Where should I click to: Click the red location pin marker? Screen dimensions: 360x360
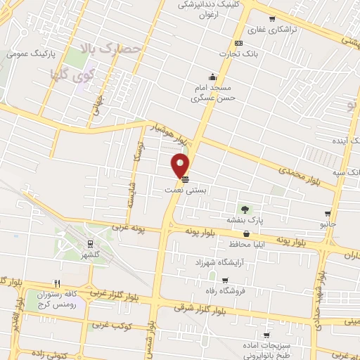pyautogui.click(x=181, y=165)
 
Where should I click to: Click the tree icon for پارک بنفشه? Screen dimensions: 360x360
pyautogui.click(x=245, y=209)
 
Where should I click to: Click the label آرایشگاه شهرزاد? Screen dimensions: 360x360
pyautogui.click(x=222, y=262)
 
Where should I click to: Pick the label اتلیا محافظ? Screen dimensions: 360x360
pyautogui.click(x=245, y=245)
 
